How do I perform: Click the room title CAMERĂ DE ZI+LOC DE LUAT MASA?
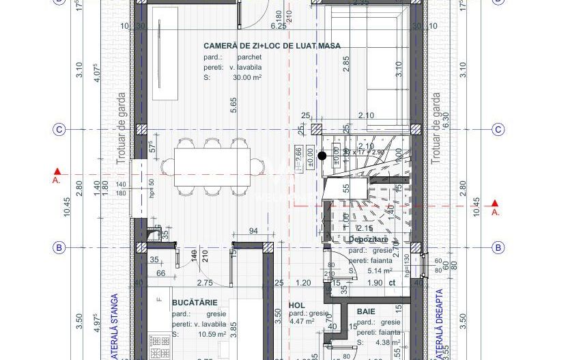[x=272, y=46]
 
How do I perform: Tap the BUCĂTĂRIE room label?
[x=195, y=301]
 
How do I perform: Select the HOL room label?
[x=296, y=305]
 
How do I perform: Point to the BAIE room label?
[x=366, y=311]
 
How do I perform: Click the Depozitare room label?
[x=368, y=240]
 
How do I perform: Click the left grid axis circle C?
[x=59, y=130]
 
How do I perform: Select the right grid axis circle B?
[x=498, y=247]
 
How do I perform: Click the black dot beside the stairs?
[x=322, y=156]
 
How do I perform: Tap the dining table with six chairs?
[x=212, y=165]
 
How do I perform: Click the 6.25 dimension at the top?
[x=278, y=26]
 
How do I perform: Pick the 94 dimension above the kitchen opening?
[x=253, y=231]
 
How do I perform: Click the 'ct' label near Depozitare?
[x=392, y=282]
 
